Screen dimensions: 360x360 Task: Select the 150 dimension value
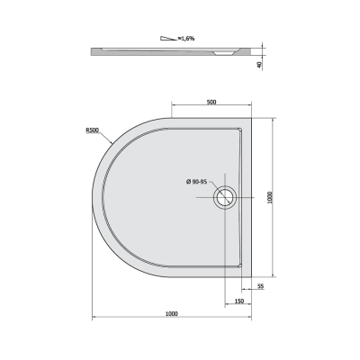(x=239, y=301)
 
